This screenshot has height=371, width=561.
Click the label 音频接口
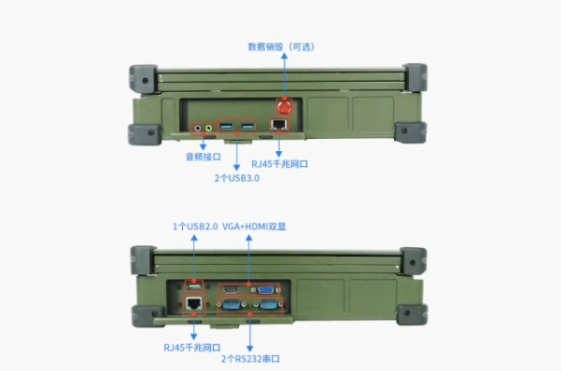pos(203,157)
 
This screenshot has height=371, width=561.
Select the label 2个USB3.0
pos(236,178)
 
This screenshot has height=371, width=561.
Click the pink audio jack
pos(198,127)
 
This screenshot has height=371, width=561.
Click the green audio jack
pos(208,127)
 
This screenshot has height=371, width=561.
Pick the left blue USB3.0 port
pos(228,126)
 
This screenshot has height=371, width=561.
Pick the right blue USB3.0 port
pos(247,126)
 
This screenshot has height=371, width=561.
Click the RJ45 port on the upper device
pos(278,125)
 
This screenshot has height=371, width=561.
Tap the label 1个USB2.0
pos(195,226)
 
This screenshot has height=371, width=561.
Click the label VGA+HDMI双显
pos(253,226)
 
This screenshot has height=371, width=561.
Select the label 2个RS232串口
pos(250,359)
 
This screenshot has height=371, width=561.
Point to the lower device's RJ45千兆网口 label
pos(193,347)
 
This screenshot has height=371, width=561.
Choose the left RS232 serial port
pos(233,303)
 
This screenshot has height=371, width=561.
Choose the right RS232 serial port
pos(266,303)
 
